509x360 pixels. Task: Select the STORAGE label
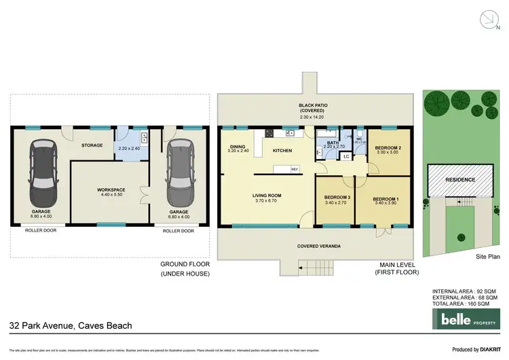click(92, 145)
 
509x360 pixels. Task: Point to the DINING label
click(238, 147)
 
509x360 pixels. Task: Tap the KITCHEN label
click(282, 150)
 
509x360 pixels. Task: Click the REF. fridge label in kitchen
click(295, 169)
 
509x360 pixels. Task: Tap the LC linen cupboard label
click(345, 157)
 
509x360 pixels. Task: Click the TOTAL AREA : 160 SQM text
click(465, 303)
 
